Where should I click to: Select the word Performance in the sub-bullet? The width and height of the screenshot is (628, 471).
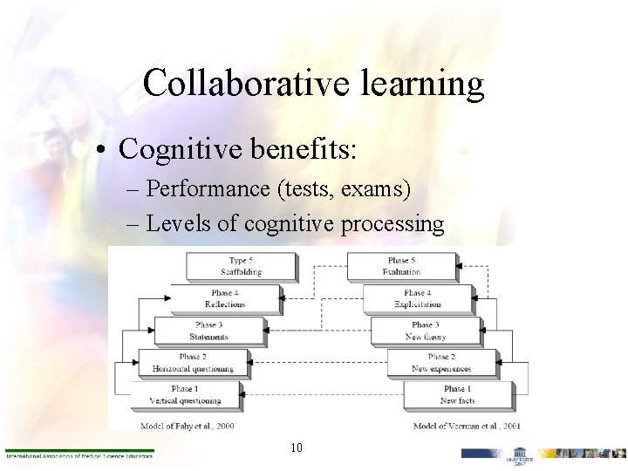(x=203, y=188)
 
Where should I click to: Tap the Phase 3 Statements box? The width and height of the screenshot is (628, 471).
(x=208, y=331)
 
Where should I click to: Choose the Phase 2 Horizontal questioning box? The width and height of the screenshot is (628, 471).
(x=194, y=363)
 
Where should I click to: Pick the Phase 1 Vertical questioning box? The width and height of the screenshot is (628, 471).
(x=183, y=394)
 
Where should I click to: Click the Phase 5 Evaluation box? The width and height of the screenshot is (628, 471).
(x=400, y=266)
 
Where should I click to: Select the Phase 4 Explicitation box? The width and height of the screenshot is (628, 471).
(x=417, y=298)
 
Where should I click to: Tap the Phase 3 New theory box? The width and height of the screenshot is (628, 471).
(x=427, y=331)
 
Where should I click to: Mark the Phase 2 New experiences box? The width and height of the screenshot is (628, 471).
(x=442, y=363)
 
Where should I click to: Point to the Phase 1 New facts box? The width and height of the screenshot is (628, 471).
(x=457, y=394)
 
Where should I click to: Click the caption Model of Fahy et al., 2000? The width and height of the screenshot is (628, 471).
(x=187, y=426)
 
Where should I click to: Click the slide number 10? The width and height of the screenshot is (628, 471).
(x=297, y=448)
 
